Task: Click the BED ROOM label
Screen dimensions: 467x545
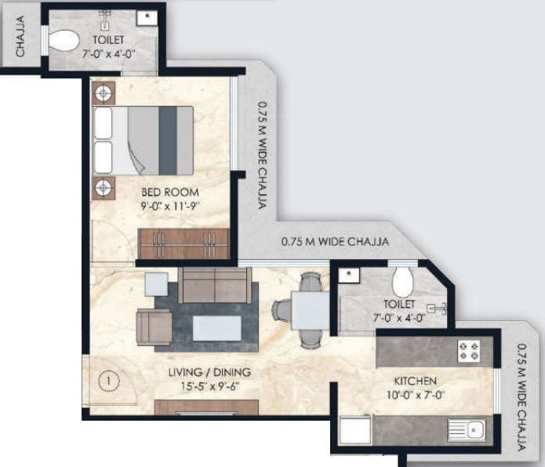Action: pos(169,192)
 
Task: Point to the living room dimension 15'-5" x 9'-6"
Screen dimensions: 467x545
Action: pos(209,385)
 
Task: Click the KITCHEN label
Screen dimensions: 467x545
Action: pos(416,381)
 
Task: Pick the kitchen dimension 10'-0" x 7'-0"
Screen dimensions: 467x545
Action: pos(416,395)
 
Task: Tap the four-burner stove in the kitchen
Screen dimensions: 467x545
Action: pos(469,350)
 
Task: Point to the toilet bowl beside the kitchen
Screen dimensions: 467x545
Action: pos(403,282)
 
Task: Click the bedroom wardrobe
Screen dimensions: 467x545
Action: pos(183,243)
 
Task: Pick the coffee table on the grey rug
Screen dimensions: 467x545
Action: pos(216,329)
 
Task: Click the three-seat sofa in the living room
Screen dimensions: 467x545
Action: pos(214,285)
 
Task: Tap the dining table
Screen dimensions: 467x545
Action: pos(310,311)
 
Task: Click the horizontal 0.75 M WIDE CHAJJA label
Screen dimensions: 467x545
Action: pos(335,242)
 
